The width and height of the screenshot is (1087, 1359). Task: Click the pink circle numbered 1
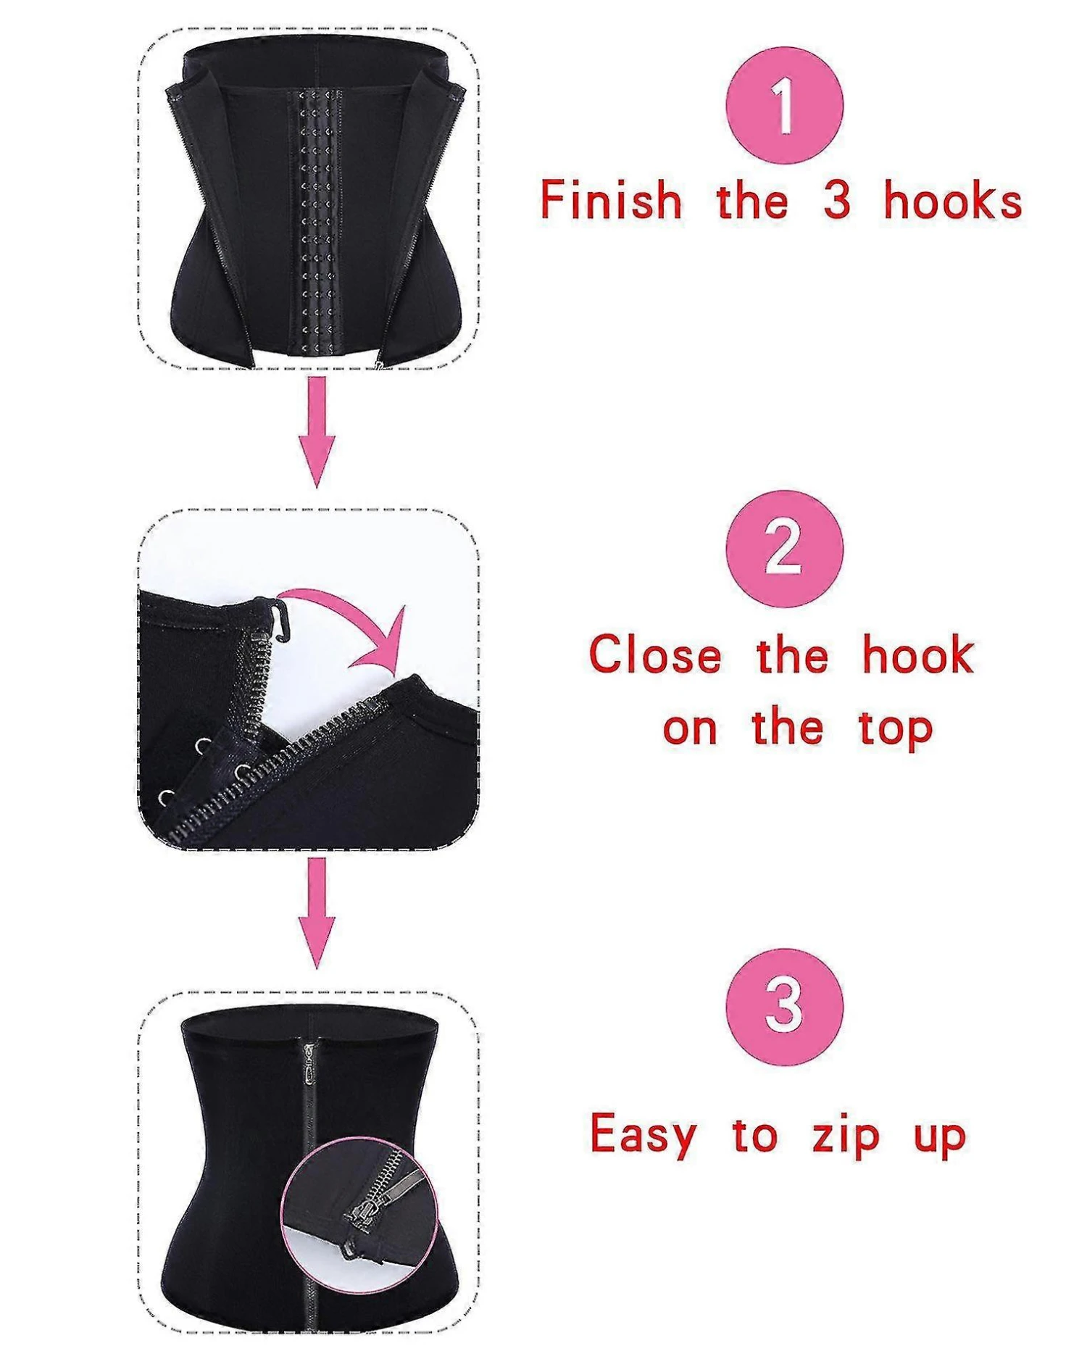[784, 107]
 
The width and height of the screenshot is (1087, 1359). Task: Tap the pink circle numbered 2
[784, 549]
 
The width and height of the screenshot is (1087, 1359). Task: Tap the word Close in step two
[656, 654]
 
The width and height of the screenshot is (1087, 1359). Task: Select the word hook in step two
[918, 654]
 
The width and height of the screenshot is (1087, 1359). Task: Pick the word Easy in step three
[643, 1135]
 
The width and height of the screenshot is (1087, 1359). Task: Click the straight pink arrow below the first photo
[317, 432]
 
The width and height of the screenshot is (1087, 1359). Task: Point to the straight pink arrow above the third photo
[317, 913]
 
